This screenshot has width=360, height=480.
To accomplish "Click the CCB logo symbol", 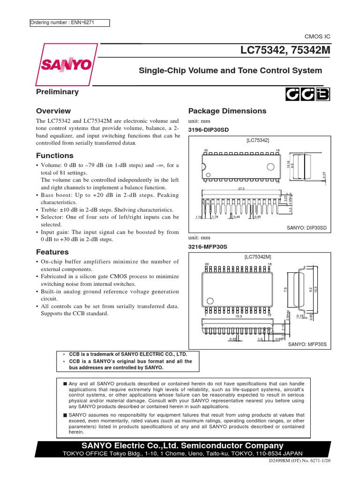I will click(x=308, y=95).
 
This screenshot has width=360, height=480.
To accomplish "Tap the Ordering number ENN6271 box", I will click(x=69, y=22).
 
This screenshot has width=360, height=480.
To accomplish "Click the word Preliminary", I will click(x=58, y=92).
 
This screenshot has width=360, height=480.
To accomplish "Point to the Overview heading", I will click(x=53, y=111).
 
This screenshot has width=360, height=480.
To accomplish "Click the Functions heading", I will click(x=55, y=156).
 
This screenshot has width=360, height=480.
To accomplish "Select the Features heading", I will click(x=52, y=252).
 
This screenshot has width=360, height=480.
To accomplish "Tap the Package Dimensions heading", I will click(x=227, y=111).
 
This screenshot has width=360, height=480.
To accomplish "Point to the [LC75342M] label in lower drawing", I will click(x=258, y=257).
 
